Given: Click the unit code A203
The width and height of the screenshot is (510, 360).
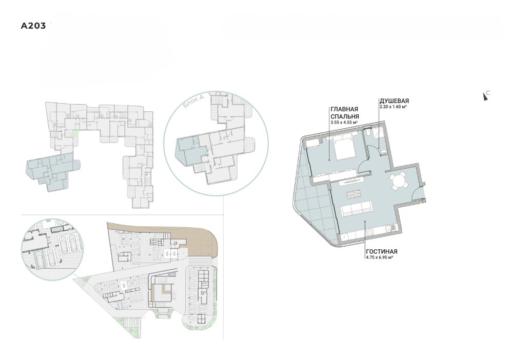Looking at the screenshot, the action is pyautogui.click(x=33, y=26).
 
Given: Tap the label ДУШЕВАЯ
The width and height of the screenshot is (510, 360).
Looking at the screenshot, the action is pyautogui.click(x=394, y=101).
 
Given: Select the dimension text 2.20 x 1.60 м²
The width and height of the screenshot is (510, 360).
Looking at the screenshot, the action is pyautogui.click(x=394, y=106).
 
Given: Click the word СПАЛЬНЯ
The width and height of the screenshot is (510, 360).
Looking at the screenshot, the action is pyautogui.click(x=345, y=116).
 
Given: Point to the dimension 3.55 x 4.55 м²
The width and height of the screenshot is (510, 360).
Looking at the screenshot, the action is pyautogui.click(x=344, y=122).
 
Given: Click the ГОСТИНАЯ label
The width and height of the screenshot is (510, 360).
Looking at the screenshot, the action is pyautogui.click(x=382, y=251).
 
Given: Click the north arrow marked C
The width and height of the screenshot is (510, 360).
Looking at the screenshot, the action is pyautogui.click(x=486, y=95).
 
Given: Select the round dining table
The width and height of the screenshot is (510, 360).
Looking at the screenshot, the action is pyautogui.click(x=398, y=180).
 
